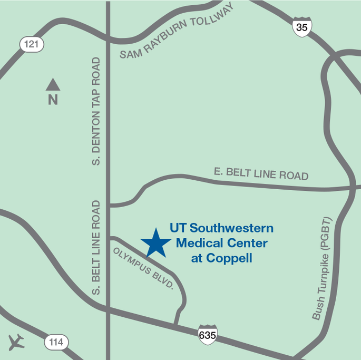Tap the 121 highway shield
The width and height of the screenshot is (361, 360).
[32, 44]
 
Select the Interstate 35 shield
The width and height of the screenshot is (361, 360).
[302, 27]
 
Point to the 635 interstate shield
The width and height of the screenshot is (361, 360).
[208, 335]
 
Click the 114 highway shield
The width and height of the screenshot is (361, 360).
[56, 343]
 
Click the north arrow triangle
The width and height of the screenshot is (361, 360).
[53, 84]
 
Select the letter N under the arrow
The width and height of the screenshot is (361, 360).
[53, 100]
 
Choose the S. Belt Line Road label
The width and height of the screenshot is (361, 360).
[96, 248]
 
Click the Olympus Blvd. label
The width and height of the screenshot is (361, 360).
[143, 268]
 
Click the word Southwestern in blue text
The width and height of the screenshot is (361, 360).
[231, 228]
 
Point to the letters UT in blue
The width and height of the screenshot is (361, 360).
[178, 228]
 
